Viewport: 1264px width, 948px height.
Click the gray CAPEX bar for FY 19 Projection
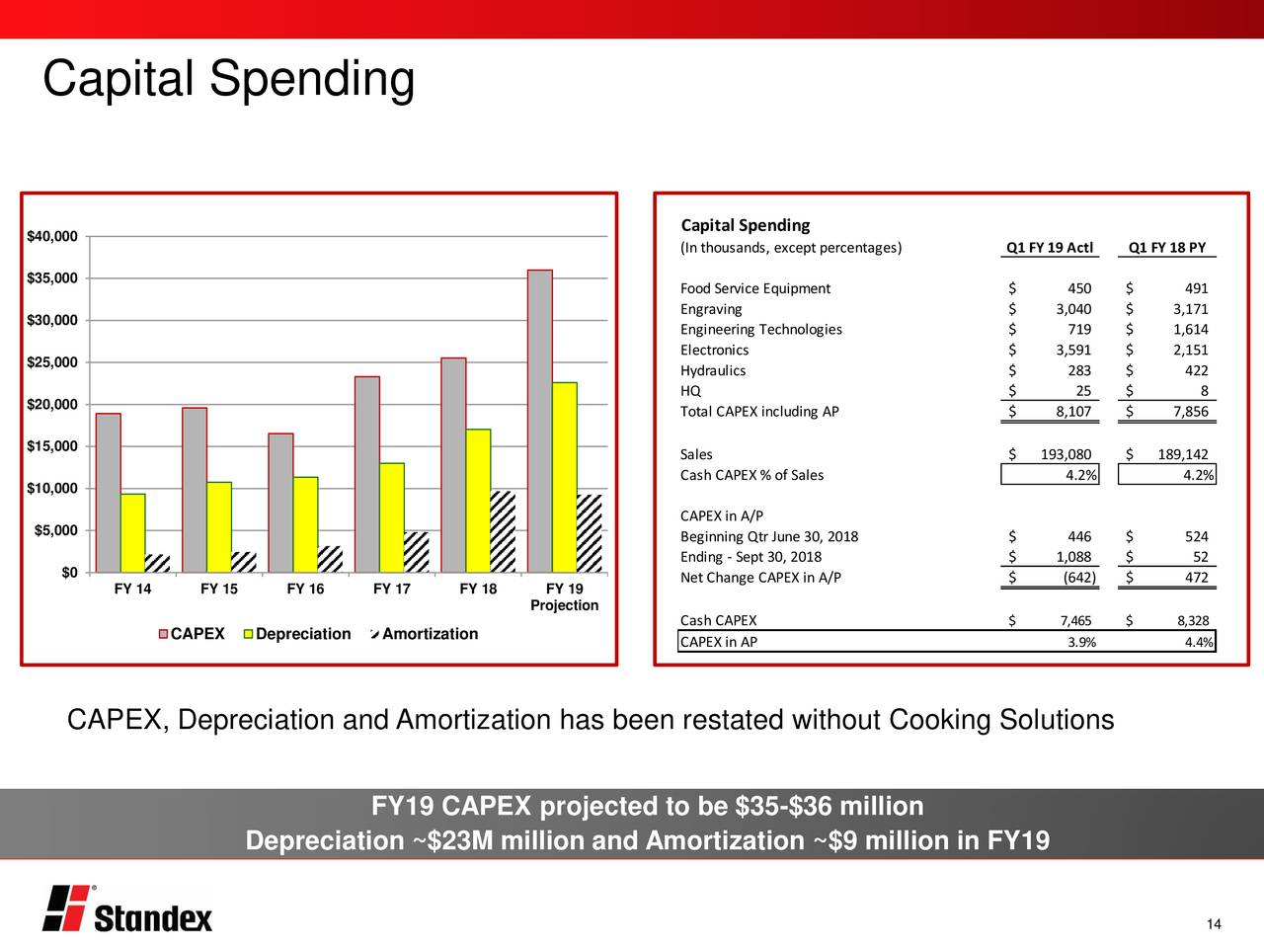(x=540, y=422)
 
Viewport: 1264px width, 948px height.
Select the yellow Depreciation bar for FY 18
(x=478, y=501)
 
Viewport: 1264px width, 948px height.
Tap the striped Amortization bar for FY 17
(x=417, y=552)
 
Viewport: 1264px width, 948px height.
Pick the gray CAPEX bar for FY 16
(x=280, y=503)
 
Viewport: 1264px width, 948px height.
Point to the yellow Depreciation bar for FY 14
(x=132, y=533)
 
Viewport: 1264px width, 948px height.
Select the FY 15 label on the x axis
(x=218, y=590)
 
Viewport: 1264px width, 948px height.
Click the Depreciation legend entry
(x=296, y=634)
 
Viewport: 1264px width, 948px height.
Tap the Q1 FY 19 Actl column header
(x=1049, y=248)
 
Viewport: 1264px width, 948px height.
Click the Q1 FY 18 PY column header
(x=1167, y=248)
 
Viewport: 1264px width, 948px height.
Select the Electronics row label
(x=714, y=351)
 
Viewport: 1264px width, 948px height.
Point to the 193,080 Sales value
(x=1066, y=454)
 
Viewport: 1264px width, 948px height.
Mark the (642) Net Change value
(x=1078, y=578)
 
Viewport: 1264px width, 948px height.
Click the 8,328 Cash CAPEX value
(x=1192, y=621)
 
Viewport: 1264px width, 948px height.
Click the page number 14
(x=1214, y=924)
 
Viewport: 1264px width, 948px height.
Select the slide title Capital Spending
(x=228, y=79)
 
